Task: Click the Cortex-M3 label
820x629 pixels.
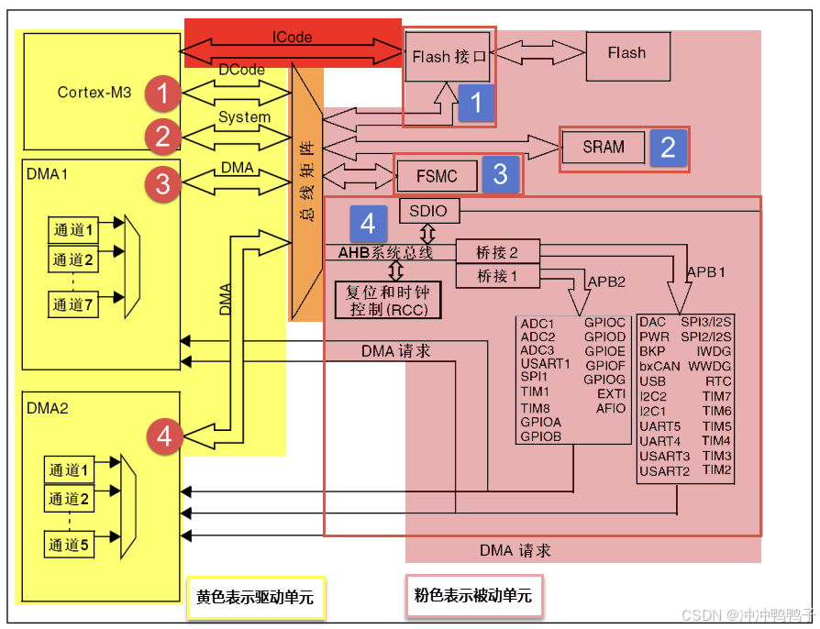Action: [x=94, y=92]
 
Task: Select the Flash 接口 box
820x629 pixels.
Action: [x=448, y=57]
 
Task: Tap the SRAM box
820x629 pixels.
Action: [x=603, y=147]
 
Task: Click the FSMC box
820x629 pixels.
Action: [x=437, y=174]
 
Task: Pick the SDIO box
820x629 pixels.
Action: [x=428, y=211]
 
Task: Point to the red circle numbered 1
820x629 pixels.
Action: [x=163, y=94]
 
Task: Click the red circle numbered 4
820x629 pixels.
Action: [x=163, y=436]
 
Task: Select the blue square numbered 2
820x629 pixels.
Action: [x=668, y=148]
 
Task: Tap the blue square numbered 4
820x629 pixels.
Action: [x=368, y=223]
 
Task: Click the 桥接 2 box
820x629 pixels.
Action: [x=497, y=252]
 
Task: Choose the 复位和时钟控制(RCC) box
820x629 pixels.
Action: [x=388, y=300]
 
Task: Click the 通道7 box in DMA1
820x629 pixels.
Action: [x=72, y=305]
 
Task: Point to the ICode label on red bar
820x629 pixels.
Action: [x=292, y=38]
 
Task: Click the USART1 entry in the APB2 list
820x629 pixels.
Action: [x=545, y=364]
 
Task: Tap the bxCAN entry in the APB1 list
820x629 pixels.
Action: [x=659, y=366]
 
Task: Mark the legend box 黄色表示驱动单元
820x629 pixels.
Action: [x=255, y=597]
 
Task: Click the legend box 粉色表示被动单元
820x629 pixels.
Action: [x=473, y=596]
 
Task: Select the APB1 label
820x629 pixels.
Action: [x=705, y=272]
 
